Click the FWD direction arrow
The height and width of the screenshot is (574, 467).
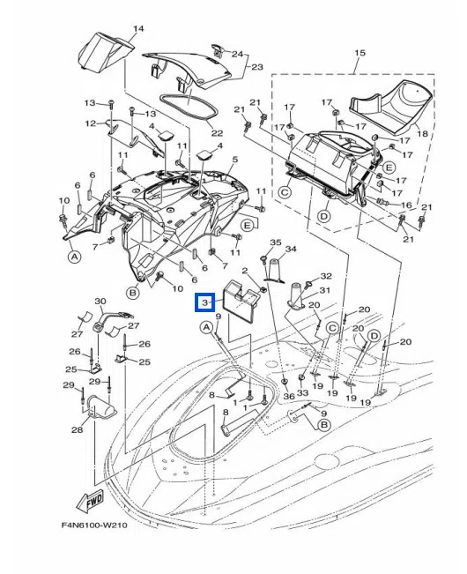click(90, 502)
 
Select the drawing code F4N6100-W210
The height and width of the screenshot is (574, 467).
click(94, 525)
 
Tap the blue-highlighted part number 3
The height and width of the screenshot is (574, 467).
click(204, 302)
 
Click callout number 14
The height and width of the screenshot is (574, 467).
click(138, 28)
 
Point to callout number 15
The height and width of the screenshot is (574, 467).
click(360, 53)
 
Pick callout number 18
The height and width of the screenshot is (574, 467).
click(422, 133)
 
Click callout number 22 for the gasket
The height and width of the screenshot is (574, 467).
click(217, 134)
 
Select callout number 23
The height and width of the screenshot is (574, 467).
click(257, 67)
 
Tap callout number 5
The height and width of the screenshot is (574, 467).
click(234, 160)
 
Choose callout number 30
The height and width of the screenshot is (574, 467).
click(100, 302)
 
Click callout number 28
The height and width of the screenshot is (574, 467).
click(77, 429)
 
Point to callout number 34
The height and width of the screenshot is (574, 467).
click(291, 249)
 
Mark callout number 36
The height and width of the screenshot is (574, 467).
click(289, 397)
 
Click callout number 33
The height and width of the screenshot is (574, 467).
click(302, 392)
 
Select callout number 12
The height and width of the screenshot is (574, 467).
click(91, 123)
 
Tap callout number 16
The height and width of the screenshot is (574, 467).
click(406, 205)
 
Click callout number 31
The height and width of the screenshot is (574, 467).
click(325, 290)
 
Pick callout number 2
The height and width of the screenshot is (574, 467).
click(245, 271)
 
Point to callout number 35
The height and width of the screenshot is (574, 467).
click(276, 242)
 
